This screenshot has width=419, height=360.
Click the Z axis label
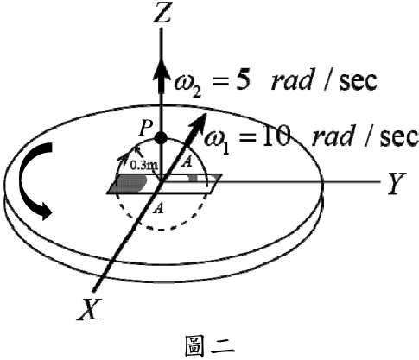tap(162, 12)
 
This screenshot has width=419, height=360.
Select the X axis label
tap(90, 309)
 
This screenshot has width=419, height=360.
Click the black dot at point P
tap(161, 138)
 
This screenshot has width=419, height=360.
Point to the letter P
tap(145, 129)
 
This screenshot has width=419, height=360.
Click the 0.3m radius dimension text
tap(143, 166)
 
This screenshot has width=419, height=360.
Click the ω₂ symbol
tap(187, 83)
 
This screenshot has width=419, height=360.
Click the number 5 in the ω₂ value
tap(241, 79)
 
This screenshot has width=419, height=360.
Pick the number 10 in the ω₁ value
tap(276, 136)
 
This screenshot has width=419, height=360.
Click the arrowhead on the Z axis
tap(161, 75)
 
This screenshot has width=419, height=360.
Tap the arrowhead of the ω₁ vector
tap(198, 123)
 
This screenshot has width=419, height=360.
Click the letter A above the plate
tap(187, 162)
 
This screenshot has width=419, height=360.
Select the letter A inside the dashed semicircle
tap(158, 208)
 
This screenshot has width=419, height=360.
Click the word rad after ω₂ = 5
tap(291, 80)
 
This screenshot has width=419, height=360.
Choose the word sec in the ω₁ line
tap(399, 136)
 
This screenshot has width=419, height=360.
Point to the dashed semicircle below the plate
tap(161, 230)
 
